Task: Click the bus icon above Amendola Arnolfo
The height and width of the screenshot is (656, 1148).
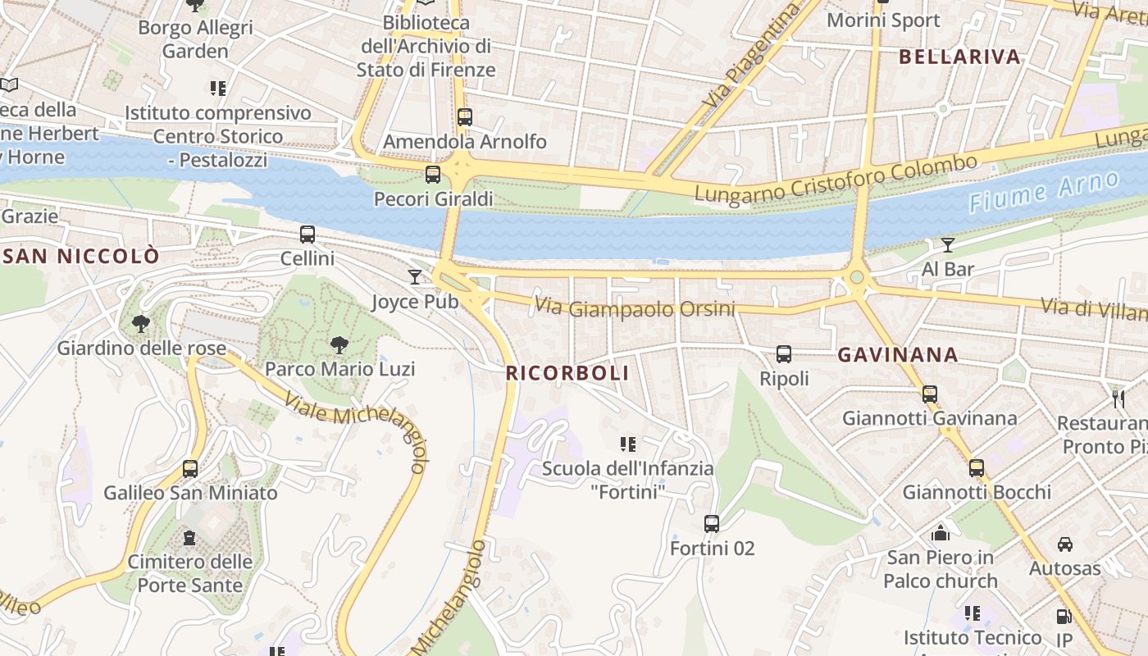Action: (465, 116)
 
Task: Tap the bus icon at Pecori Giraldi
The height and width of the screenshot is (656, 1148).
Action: (433, 174)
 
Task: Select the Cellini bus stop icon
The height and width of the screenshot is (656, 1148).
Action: (307, 235)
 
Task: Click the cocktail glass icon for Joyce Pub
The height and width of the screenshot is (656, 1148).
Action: (415, 276)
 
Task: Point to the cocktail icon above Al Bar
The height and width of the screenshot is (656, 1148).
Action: (948, 244)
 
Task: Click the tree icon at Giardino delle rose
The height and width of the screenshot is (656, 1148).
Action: (141, 324)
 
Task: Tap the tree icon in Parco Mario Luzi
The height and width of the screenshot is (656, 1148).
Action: (339, 344)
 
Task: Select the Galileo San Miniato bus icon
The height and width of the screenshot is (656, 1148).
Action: (190, 468)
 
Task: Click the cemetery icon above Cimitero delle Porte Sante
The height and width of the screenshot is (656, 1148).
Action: (189, 538)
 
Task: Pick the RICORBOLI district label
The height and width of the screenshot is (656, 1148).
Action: (567, 373)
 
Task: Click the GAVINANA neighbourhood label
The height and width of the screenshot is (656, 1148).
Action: (898, 355)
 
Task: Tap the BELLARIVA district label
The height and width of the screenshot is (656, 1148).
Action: (959, 57)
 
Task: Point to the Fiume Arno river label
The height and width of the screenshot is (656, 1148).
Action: (1043, 191)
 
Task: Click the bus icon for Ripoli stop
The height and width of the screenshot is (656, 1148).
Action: (784, 354)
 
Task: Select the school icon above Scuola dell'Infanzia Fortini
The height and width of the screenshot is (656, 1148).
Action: (628, 444)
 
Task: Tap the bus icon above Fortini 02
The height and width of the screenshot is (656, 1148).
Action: (712, 523)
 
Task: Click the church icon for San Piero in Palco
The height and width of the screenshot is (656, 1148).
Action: (941, 533)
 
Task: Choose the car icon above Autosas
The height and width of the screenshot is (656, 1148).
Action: (1064, 544)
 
